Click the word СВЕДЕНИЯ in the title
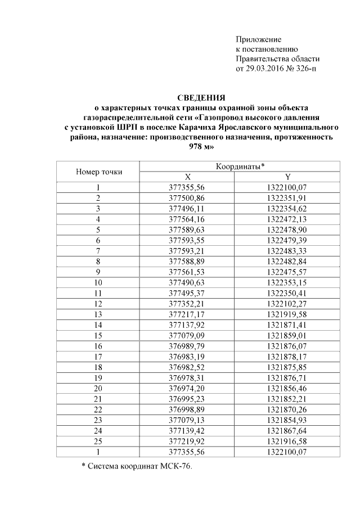click(201, 97)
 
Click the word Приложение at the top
click(258, 39)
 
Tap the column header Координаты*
click(240, 166)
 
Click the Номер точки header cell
click(98, 172)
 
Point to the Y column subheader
click(287, 177)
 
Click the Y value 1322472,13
click(287, 218)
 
